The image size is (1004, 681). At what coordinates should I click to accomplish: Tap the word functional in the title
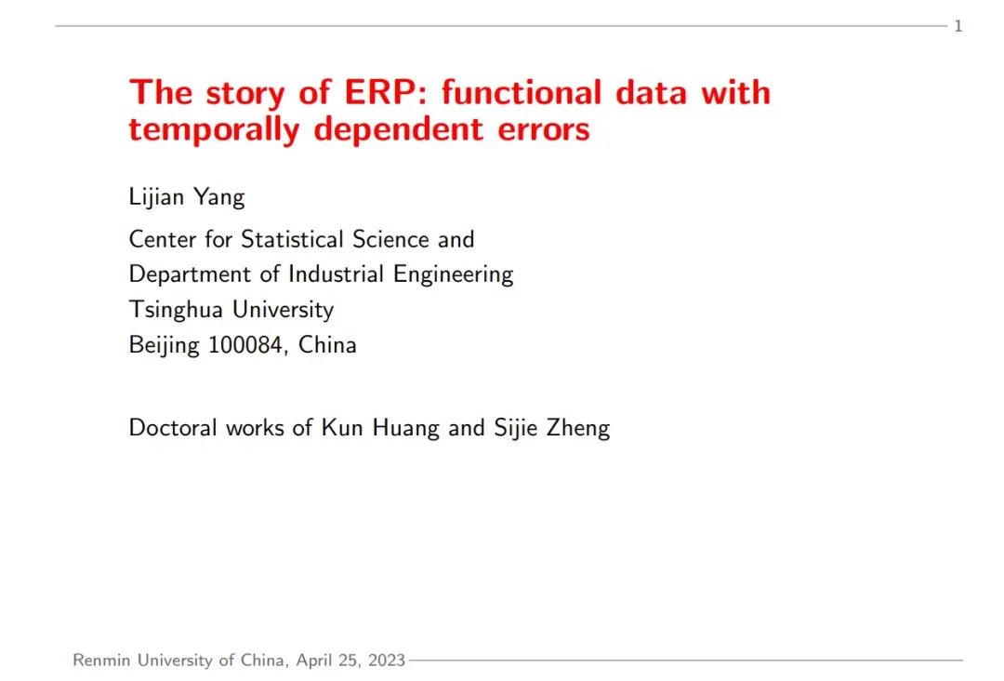[522, 92]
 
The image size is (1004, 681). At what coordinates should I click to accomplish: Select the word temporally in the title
[214, 129]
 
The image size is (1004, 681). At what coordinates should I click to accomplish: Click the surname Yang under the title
[219, 197]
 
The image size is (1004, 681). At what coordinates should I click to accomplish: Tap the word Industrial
[336, 274]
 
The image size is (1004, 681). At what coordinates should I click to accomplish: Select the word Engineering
[454, 274]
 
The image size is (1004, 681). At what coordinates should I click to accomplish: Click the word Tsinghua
[176, 310]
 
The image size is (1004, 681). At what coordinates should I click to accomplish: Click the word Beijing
[164, 345]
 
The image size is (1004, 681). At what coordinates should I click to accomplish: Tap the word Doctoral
[173, 427]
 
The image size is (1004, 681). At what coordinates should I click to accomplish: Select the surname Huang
[406, 428]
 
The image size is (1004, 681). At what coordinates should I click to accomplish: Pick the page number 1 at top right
[958, 26]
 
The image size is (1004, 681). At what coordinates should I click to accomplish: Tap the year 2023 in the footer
[387, 660]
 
